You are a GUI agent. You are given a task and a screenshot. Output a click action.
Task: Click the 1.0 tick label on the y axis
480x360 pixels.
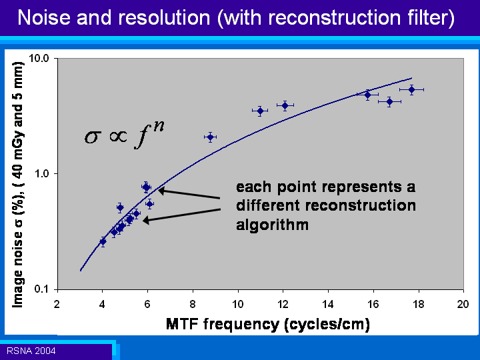click(42, 173)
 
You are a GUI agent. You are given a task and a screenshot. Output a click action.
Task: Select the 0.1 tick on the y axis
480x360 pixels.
click(42, 289)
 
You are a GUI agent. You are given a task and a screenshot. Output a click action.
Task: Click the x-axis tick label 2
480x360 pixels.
click(57, 304)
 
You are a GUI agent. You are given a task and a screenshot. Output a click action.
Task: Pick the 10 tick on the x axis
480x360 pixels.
click(237, 304)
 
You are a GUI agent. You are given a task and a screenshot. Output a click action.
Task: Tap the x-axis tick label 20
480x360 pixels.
click(463, 304)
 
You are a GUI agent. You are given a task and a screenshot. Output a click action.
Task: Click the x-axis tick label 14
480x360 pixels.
click(328, 304)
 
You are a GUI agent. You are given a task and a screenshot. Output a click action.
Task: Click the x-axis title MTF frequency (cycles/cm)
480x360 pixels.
click(268, 324)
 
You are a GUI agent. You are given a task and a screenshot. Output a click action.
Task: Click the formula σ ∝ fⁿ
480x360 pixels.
click(124, 135)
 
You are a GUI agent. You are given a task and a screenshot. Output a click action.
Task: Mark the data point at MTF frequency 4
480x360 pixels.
click(103, 241)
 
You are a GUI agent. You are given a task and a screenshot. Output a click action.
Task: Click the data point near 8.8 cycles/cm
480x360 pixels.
click(210, 137)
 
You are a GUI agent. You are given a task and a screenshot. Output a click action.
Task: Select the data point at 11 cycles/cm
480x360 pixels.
click(260, 111)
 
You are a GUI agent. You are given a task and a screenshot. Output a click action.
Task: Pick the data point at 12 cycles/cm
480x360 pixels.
click(285, 105)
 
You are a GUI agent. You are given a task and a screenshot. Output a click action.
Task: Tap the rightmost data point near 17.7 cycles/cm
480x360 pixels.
click(412, 90)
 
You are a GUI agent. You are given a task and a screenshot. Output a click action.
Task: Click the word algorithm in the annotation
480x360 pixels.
click(272, 225)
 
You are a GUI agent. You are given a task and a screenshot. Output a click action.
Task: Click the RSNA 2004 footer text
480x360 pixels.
click(31, 351)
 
